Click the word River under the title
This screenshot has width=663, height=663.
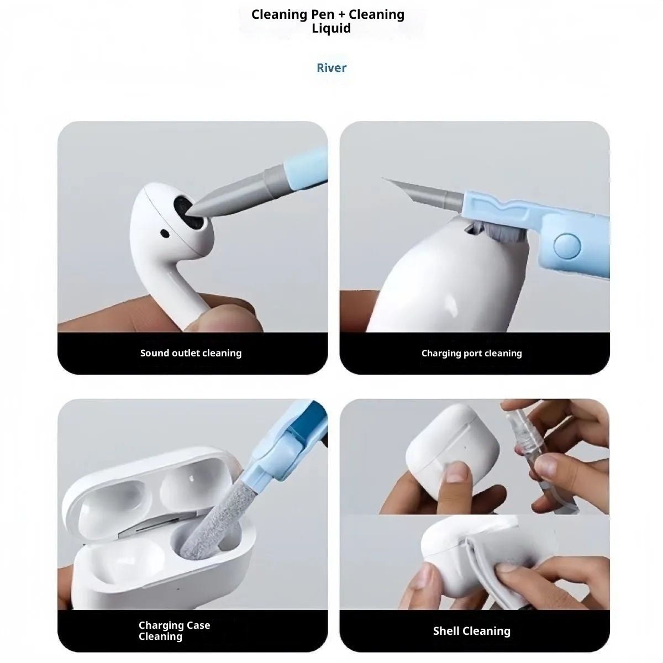pos(331,68)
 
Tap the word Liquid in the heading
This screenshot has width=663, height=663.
pos(331,28)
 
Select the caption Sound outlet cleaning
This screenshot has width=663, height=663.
pos(191,353)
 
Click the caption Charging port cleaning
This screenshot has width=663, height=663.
pos(471,353)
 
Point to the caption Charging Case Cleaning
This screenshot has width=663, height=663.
pos(174,630)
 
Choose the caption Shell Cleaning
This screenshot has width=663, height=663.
pos(471,631)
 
